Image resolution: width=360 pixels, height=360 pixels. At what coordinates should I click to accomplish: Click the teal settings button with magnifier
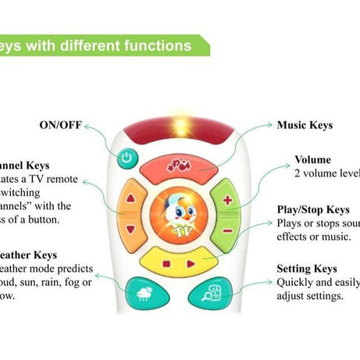pos(212,294)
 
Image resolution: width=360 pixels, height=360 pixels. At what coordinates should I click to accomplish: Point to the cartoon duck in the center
pos(179,212)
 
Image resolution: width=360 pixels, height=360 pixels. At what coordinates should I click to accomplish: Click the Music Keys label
pos(305,125)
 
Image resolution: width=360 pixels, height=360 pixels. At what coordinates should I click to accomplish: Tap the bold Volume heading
pos(312,160)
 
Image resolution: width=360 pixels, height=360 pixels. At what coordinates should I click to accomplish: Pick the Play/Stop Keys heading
pos(312,210)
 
